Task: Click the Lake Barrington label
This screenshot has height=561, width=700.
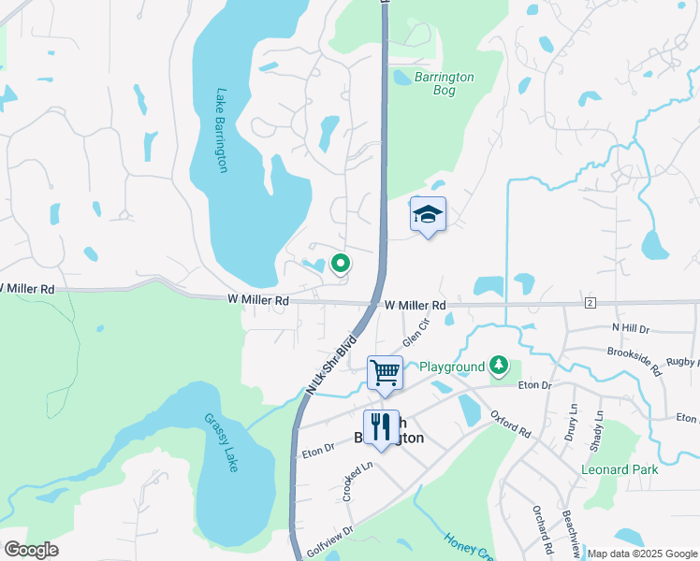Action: coord(223,130)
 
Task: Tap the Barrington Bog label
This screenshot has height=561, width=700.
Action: coord(445,85)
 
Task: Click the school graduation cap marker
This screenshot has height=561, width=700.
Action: coord(428,215)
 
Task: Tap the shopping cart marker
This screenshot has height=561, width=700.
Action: coord(385,373)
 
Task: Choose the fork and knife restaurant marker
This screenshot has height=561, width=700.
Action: coord(380,427)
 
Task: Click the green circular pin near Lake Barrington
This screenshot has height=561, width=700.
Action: coord(341,265)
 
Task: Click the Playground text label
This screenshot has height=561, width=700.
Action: coord(451,367)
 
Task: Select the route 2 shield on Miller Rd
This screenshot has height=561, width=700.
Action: coord(590,303)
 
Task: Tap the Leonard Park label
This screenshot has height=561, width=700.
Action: coord(620,469)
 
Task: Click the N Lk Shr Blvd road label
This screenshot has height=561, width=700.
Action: coord(332,366)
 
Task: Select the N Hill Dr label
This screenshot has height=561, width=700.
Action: coord(630,327)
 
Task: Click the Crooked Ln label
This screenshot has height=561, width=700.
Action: coord(349,480)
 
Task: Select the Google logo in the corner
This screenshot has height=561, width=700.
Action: coord(31,549)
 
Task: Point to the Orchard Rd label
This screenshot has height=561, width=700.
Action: coord(540,527)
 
